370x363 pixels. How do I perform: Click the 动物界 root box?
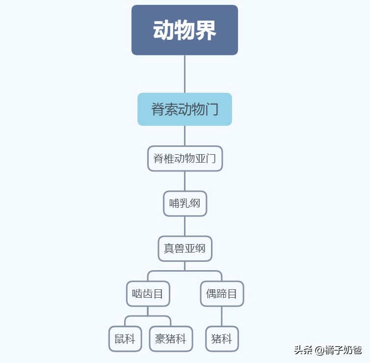185,30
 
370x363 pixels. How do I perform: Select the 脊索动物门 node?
185,109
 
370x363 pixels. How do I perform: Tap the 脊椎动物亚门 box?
185,159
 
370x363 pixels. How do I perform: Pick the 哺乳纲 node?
185,203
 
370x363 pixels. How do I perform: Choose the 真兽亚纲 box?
185,249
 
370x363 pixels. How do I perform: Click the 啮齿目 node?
148,294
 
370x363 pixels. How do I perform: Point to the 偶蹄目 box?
222,294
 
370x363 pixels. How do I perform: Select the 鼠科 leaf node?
125,339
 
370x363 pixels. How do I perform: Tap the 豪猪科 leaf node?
171,339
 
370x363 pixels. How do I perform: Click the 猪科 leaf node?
222,339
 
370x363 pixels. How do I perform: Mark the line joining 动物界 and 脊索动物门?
185,74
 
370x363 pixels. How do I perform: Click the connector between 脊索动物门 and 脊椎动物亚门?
185,136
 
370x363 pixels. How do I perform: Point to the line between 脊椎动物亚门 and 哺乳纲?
185,181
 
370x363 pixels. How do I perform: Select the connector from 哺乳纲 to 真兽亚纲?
185,226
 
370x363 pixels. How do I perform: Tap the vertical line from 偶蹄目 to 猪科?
222,316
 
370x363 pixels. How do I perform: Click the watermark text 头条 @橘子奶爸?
328,350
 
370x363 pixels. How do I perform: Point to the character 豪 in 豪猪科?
160,339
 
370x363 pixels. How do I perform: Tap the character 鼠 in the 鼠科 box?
120,339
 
